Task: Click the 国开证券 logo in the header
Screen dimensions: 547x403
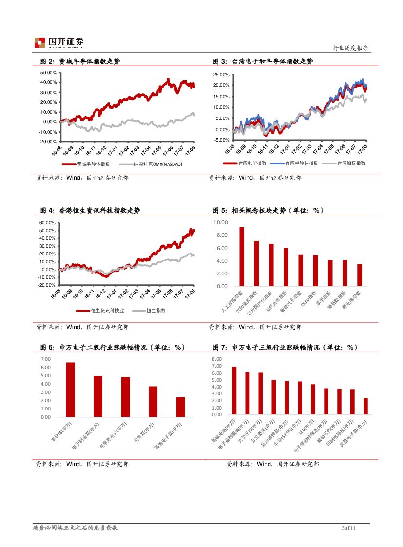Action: coord(58,42)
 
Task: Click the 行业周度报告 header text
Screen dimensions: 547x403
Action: coord(350,48)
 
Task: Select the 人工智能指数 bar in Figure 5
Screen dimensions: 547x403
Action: coord(242,256)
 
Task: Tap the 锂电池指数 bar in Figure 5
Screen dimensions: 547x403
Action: coord(360,275)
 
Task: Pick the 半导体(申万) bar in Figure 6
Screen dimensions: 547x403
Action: coord(71,390)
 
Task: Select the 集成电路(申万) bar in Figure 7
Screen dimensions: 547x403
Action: coord(234,391)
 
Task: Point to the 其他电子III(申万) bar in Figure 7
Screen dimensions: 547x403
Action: coord(365,406)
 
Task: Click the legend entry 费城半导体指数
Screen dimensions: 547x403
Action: coord(93,164)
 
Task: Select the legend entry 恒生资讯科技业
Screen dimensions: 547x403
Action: coord(104,310)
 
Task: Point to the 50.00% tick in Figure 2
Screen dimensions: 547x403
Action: coord(48,72)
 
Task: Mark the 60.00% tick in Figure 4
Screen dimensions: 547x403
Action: coord(48,222)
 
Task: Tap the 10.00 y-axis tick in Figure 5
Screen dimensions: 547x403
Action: coord(221,222)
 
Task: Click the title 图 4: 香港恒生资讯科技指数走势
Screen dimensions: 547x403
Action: coord(90,211)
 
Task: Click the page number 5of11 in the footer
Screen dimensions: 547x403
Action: coord(349,528)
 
